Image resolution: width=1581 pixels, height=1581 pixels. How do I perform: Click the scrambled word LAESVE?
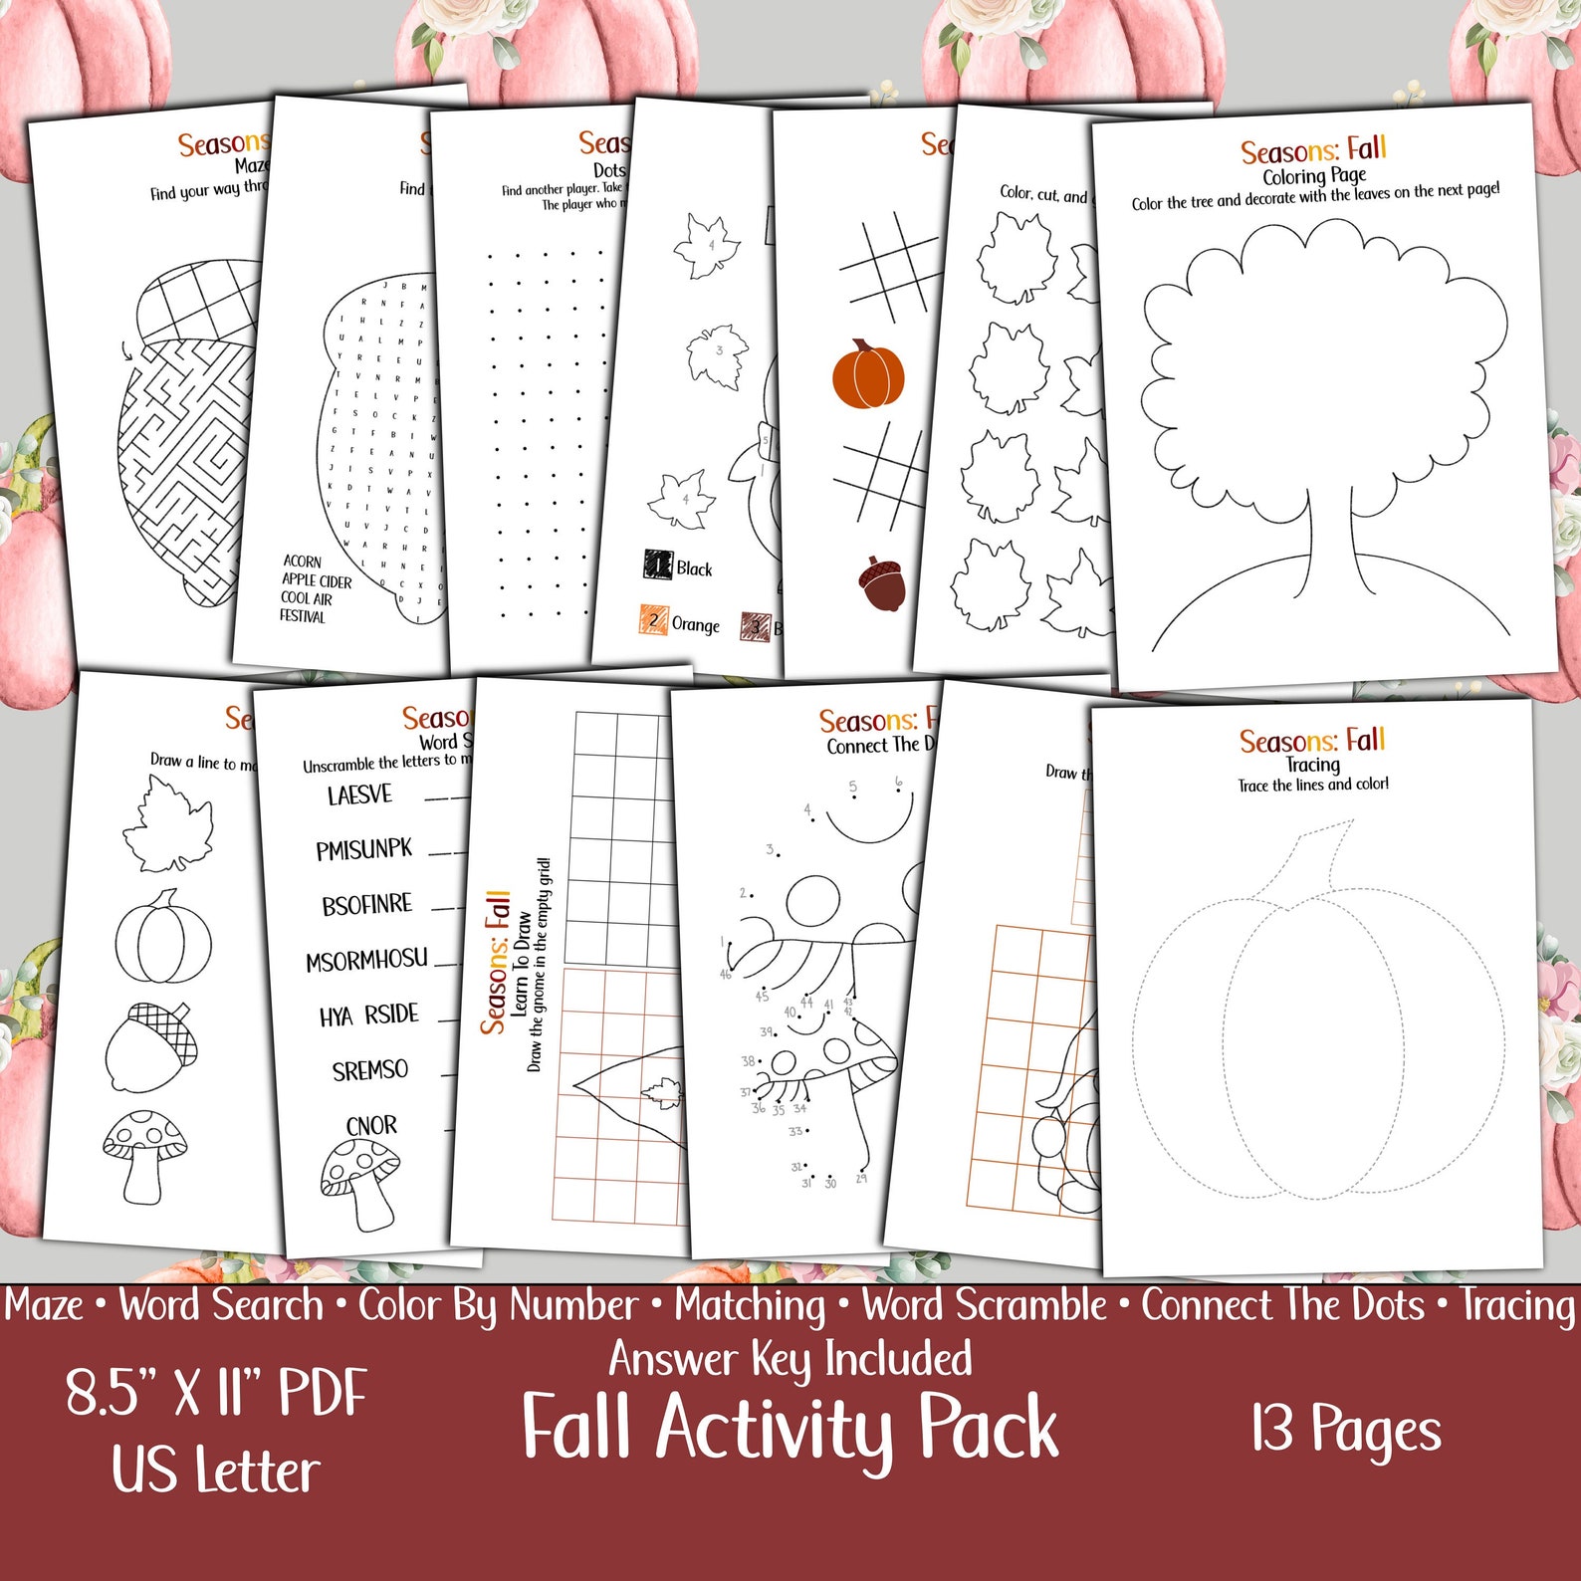(359, 795)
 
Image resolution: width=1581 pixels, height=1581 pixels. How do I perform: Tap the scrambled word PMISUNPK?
(363, 850)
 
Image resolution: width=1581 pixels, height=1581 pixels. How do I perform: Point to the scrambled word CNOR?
(371, 1126)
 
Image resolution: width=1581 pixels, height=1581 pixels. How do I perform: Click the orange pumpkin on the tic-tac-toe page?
(868, 375)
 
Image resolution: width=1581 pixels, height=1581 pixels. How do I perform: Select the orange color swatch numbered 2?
(653, 620)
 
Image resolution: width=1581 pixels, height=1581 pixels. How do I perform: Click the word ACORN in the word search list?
(302, 562)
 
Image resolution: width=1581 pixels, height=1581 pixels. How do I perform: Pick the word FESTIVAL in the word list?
(302, 616)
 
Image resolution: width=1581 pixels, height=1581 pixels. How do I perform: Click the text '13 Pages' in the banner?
(1346, 1430)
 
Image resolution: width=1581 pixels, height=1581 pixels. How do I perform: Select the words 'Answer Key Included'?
(790, 1360)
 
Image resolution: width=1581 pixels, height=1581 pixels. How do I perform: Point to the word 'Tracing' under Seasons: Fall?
(1312, 765)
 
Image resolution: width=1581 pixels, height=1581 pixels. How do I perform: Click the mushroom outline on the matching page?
(145, 1155)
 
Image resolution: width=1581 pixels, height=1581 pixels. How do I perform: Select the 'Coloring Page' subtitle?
(1314, 176)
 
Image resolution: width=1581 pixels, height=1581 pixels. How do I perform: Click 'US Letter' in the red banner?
(216, 1470)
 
